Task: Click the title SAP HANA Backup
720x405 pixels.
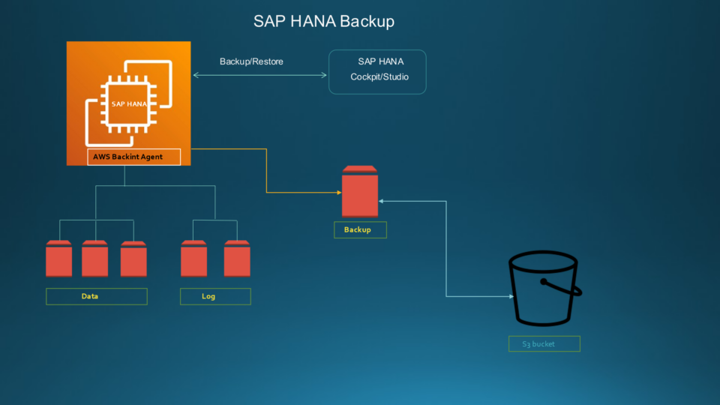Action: point(323,21)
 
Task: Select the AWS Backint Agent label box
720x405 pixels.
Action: point(134,157)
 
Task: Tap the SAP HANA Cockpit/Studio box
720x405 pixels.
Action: point(377,71)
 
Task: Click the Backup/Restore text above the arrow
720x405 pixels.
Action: point(251,61)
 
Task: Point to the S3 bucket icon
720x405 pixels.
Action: point(543,289)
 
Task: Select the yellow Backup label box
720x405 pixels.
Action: point(360,229)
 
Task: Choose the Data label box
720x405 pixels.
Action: point(96,296)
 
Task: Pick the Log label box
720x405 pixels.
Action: point(214,296)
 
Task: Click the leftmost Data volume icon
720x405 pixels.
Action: point(58,259)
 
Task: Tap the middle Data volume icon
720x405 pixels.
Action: point(94,259)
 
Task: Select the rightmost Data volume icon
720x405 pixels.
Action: point(133,259)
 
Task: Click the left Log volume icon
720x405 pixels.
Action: point(193,259)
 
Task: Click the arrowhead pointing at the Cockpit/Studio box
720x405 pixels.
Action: point(324,75)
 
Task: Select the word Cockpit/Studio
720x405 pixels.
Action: point(379,77)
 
